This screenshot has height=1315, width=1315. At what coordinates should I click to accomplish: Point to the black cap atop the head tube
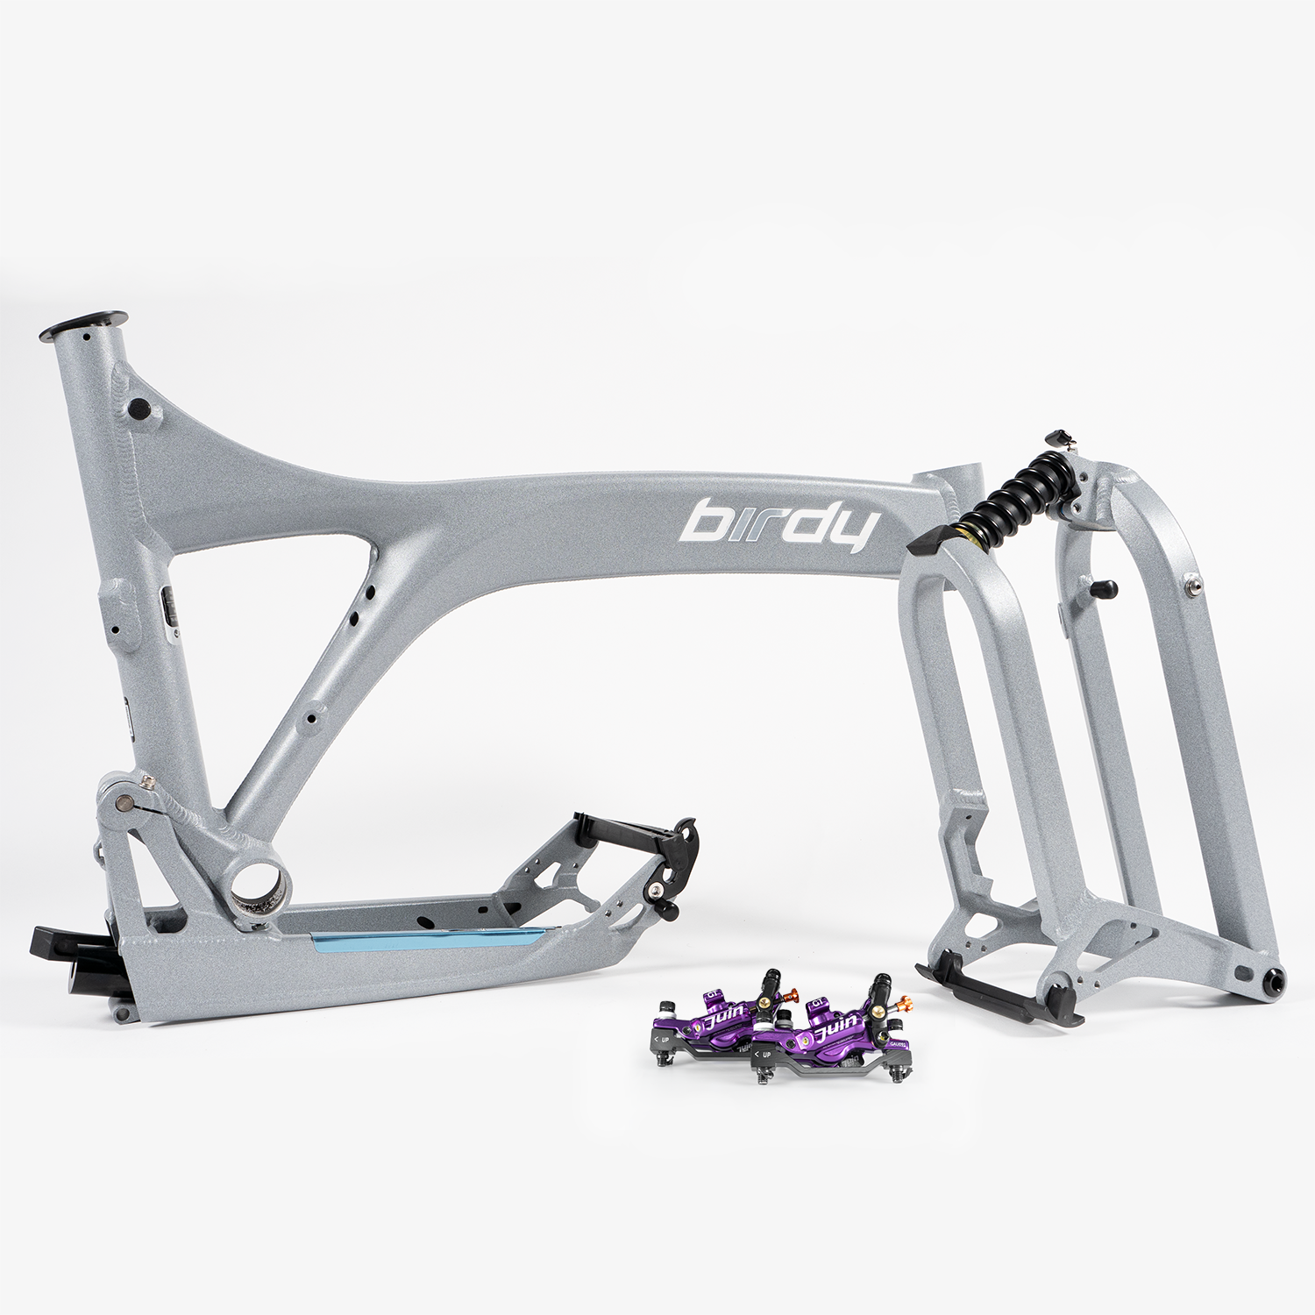point(84,323)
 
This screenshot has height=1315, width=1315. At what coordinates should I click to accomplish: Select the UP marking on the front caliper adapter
point(764,1054)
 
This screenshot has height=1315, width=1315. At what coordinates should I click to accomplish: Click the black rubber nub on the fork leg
point(1103,588)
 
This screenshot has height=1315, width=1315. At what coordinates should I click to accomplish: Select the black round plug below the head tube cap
point(138,409)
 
